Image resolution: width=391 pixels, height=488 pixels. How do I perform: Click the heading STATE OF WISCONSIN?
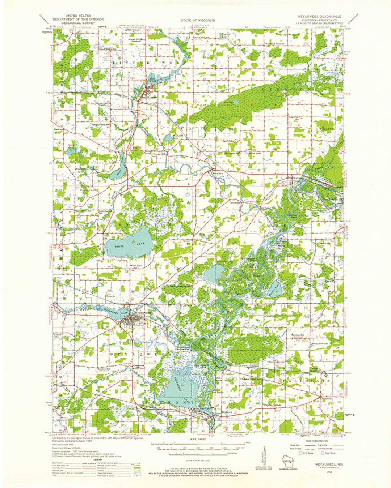point(198,21)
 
